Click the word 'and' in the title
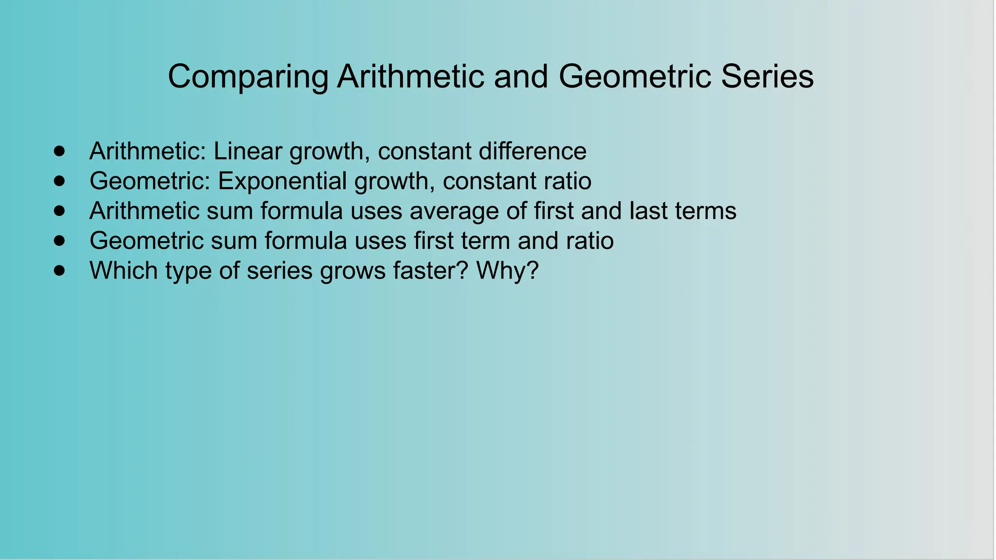[x=521, y=76]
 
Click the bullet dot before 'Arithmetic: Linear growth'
[x=59, y=151]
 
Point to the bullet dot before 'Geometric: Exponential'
[x=59, y=181]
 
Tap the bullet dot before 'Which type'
[x=59, y=270]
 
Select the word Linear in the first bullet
[x=248, y=151]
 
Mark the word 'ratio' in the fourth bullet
[x=589, y=241]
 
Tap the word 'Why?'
[x=507, y=271]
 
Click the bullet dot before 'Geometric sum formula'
[x=59, y=241]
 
